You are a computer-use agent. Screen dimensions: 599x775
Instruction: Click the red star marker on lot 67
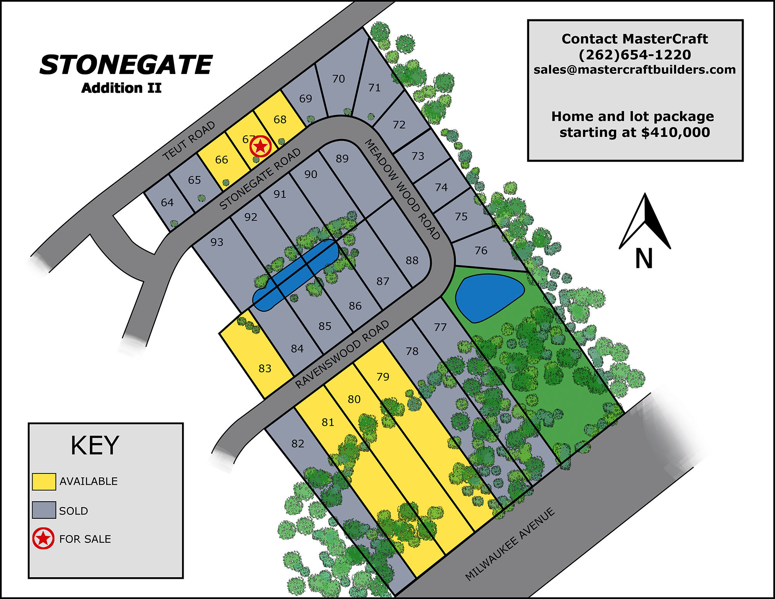tap(260, 147)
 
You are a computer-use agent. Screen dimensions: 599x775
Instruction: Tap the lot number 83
tap(265, 368)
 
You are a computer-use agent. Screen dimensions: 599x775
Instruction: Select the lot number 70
tap(338, 79)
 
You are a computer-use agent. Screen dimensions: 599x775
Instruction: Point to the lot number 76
tap(481, 251)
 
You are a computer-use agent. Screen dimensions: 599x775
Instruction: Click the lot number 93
tap(217, 242)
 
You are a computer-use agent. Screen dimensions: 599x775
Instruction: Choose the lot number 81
tap(328, 422)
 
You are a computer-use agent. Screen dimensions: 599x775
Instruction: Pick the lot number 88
tap(412, 261)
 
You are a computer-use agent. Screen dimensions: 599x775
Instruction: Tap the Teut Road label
tap(189, 141)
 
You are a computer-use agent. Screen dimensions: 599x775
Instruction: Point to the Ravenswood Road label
tap(342, 354)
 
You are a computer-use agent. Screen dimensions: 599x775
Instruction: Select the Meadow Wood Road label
tap(403, 189)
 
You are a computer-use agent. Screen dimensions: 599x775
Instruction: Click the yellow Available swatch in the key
tap(44, 482)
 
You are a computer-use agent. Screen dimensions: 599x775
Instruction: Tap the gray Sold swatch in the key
tap(44, 510)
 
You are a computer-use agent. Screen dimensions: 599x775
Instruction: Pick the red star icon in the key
tap(43, 539)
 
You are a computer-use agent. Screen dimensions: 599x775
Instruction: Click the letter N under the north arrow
tap(644, 259)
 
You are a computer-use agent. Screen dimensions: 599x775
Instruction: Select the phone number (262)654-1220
tap(635, 55)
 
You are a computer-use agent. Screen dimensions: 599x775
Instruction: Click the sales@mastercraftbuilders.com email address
tap(635, 70)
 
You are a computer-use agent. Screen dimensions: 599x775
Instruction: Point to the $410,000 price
tap(675, 133)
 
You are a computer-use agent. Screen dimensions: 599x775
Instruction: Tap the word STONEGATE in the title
tap(126, 65)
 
